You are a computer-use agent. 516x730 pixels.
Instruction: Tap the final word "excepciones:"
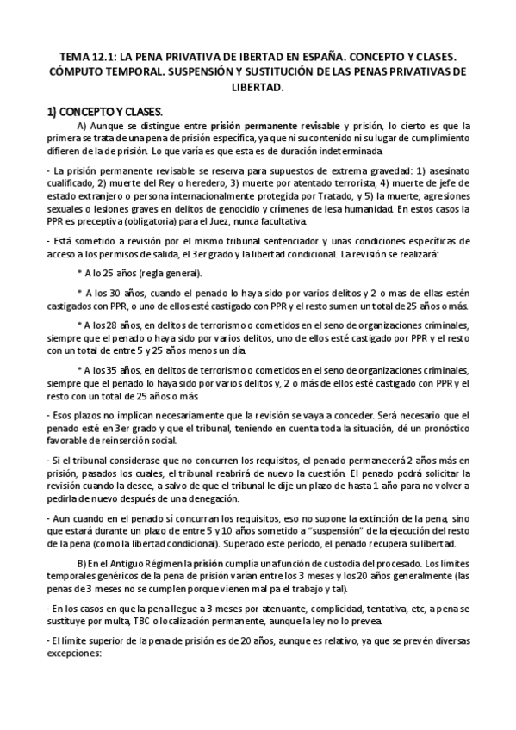click(75, 653)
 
